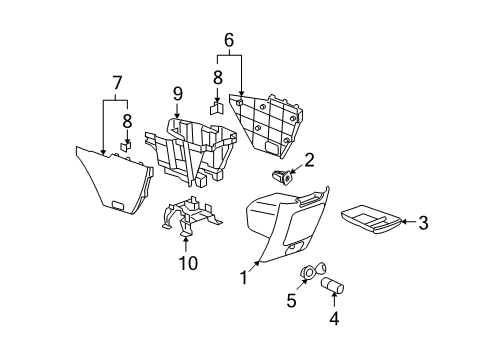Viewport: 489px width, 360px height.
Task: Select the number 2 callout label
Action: (x=310, y=159)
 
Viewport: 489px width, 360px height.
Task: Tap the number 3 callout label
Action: (x=423, y=223)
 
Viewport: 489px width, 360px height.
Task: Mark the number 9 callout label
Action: (x=176, y=94)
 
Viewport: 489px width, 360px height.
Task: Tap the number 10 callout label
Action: (x=188, y=262)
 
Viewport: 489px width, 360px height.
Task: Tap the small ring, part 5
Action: (x=311, y=272)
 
